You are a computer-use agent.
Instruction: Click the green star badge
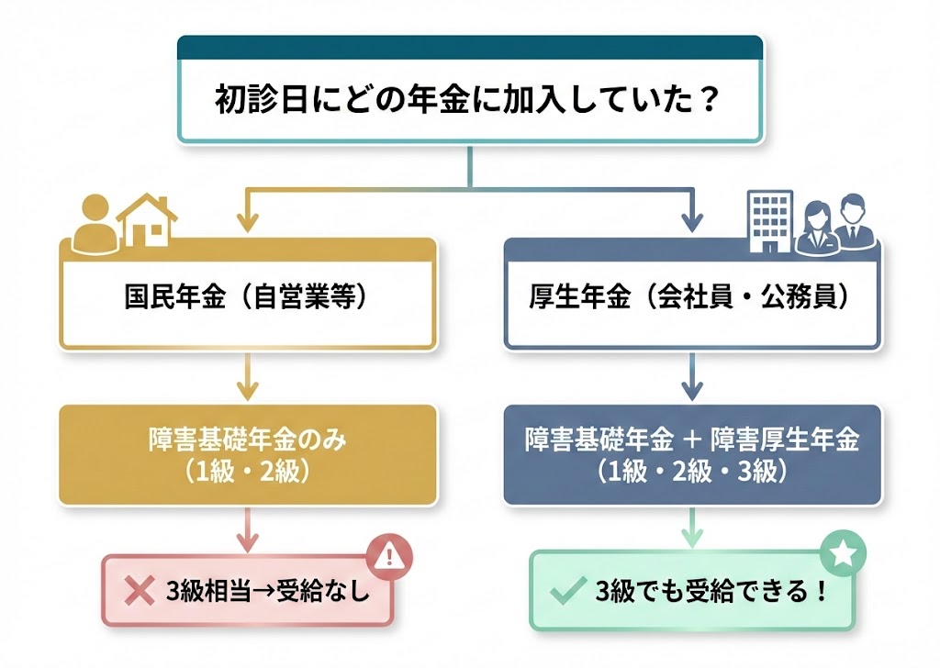click(x=843, y=553)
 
